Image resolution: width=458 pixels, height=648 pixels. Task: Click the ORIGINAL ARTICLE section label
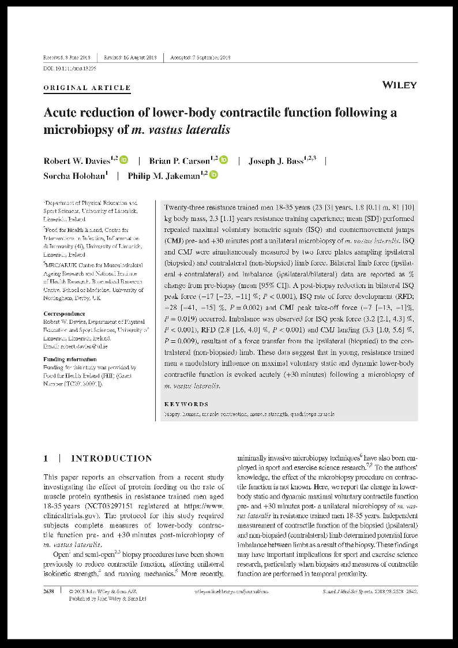coord(87,88)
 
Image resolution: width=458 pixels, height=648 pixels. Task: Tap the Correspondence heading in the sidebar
coord(65,314)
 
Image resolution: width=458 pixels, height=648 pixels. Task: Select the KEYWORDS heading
coord(186,404)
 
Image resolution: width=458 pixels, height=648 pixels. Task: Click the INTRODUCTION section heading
coord(111,459)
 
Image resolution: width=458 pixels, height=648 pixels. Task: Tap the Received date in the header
coord(67,57)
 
